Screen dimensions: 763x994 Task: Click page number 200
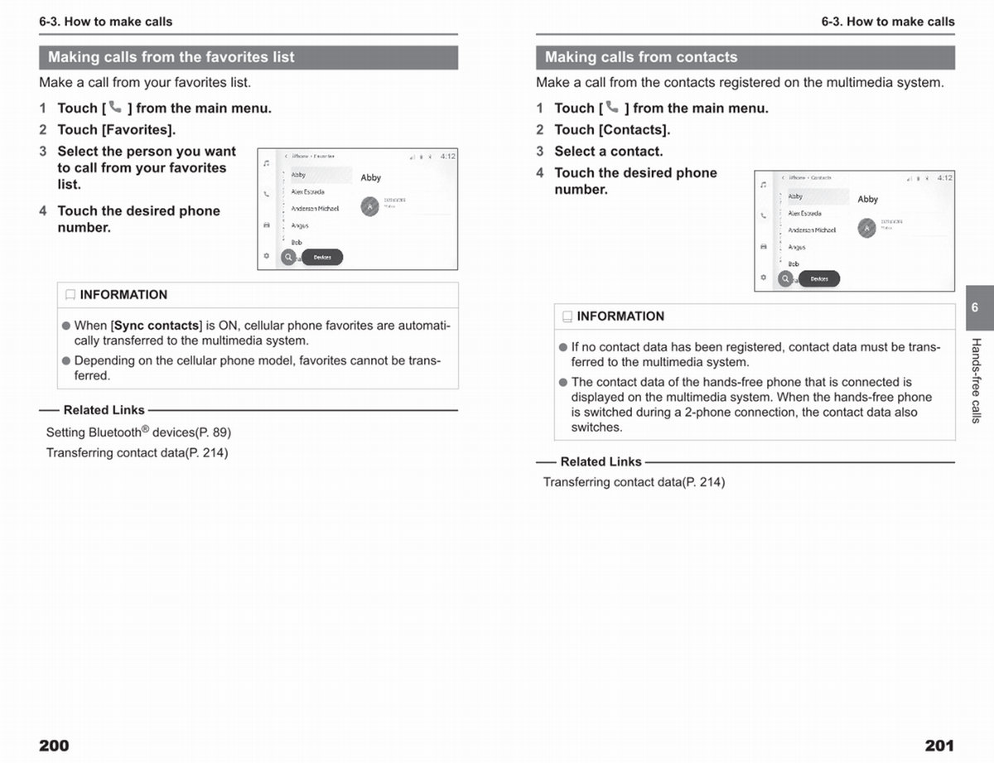54,746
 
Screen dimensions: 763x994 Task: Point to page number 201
939,746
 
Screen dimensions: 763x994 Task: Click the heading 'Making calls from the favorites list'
171,57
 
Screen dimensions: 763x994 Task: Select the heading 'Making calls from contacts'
641,57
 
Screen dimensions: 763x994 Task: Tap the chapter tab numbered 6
975,307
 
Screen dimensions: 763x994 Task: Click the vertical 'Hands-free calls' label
976,380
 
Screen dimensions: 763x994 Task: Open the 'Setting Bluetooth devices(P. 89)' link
138,432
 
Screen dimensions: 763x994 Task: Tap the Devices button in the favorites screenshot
322,258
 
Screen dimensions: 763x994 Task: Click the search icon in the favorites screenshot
288,258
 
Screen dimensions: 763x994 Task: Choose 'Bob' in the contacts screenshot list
794,263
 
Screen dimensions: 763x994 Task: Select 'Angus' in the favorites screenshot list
300,225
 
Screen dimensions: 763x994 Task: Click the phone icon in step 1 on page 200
115,107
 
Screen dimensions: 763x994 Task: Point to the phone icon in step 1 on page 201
612,107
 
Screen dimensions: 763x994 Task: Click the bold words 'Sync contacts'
157,326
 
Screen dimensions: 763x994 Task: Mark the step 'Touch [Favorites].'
116,129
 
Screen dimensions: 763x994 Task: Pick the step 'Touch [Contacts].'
612,129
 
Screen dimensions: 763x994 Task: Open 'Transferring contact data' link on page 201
634,482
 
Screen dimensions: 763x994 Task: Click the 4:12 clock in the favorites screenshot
447,156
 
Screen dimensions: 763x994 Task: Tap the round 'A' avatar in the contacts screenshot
866,228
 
